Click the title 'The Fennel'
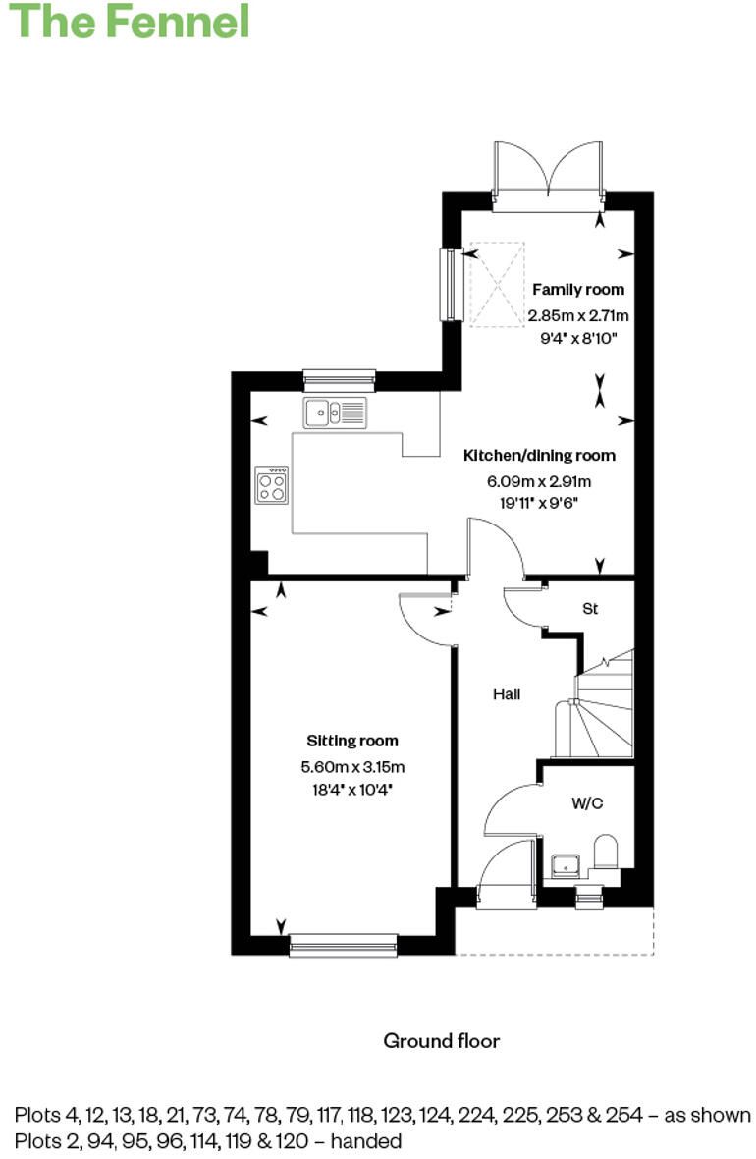tap(129, 21)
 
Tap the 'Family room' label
tap(578, 290)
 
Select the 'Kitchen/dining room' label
tap(539, 456)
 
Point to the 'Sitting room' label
tap(352, 741)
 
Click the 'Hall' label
tap(506, 694)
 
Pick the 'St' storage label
tap(590, 609)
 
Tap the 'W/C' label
tap(587, 803)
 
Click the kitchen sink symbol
tap(335, 413)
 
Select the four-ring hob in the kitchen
tap(272, 484)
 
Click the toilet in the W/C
tap(606, 852)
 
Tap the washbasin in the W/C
tap(566, 864)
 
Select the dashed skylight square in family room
tap(497, 287)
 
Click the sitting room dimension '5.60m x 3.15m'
tap(352, 768)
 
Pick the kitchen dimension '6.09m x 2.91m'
tap(539, 482)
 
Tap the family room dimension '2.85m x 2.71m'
tap(578, 316)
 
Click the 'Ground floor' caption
tap(441, 1041)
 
